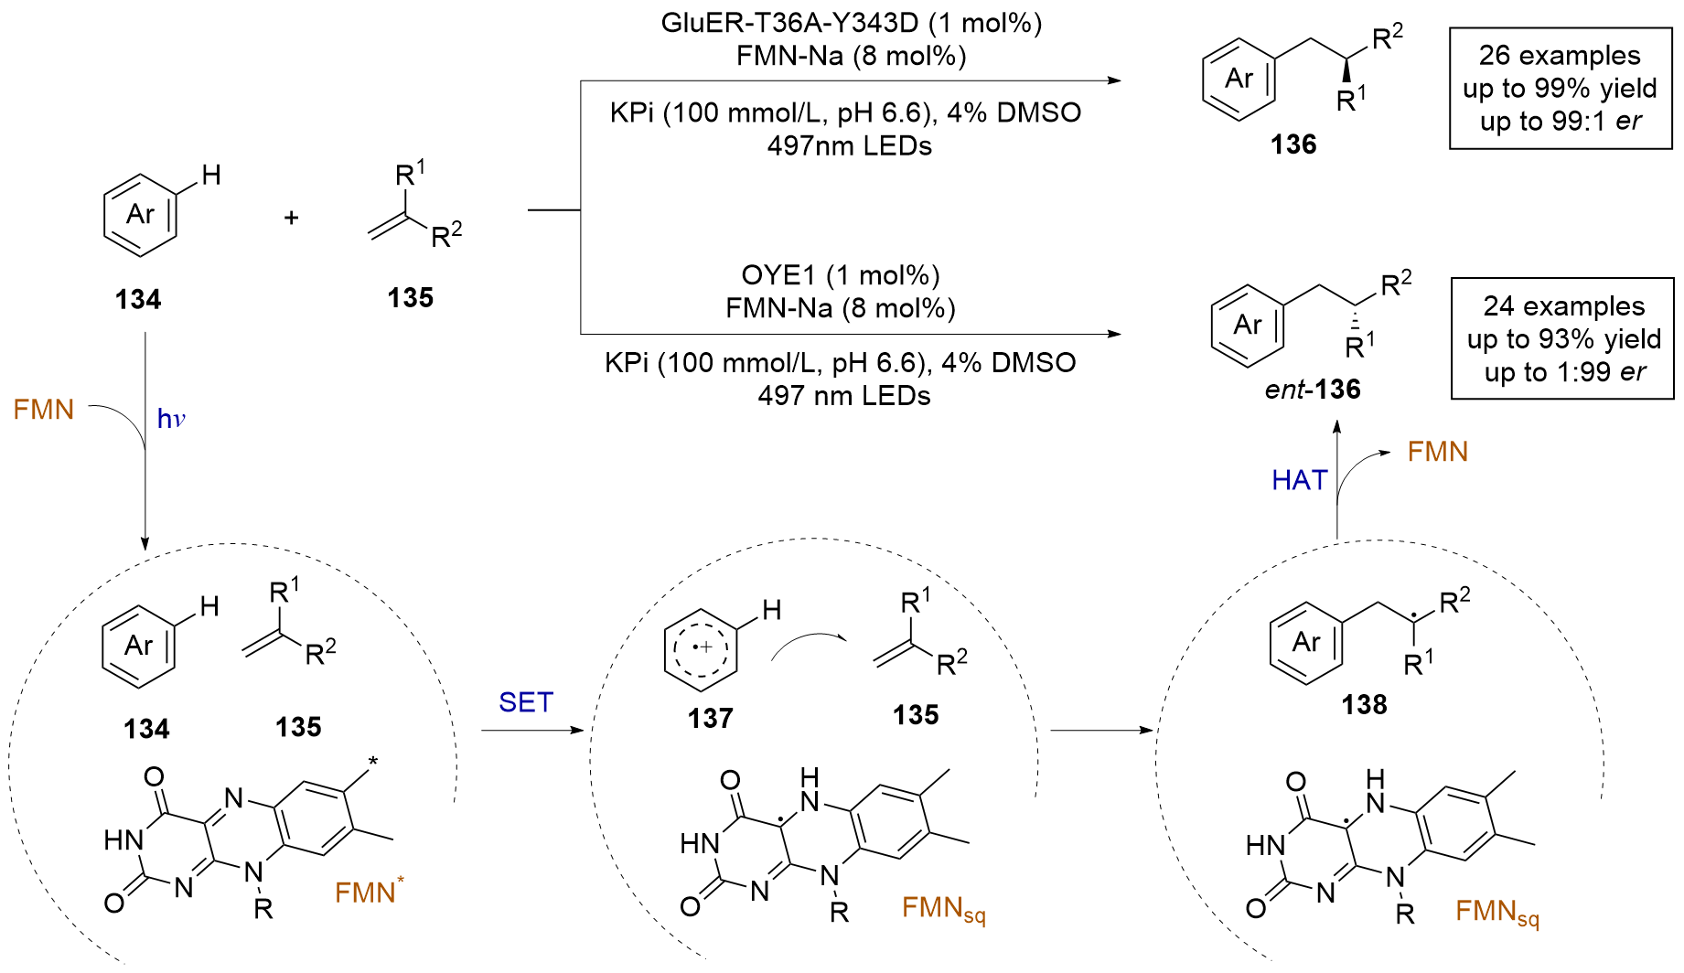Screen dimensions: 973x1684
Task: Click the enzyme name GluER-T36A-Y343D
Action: [788, 23]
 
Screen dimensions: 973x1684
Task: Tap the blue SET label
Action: [526, 702]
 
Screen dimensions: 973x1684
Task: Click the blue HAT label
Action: [1299, 480]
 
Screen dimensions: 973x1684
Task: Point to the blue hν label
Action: [171, 420]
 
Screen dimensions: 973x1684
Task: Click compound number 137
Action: [711, 719]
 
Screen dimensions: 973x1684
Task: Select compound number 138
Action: [1364, 705]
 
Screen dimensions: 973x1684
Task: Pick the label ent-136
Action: [1313, 390]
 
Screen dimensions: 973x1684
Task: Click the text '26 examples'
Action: [1560, 56]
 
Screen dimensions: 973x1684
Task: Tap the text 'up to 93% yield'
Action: [1563, 339]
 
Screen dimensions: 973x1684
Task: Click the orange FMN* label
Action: [369, 892]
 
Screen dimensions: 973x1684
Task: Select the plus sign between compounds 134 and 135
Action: [292, 218]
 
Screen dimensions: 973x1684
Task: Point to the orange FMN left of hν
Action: [44, 410]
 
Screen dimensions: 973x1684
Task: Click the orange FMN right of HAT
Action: [1437, 452]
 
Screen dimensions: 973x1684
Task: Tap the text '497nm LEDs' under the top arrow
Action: [849, 146]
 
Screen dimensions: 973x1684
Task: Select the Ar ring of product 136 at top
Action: [1239, 79]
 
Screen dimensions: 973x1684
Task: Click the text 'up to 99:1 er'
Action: [1561, 122]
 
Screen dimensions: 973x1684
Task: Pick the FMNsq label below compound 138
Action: [1496, 913]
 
